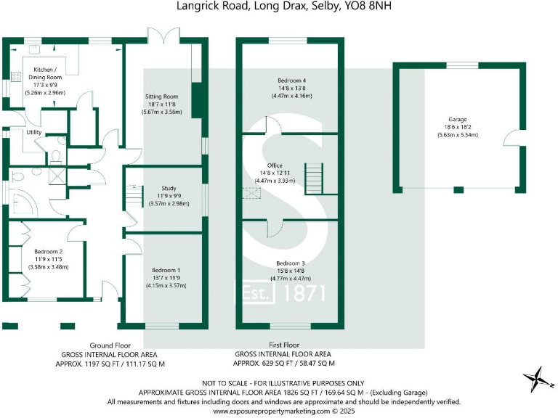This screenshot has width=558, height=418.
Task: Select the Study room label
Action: pyautogui.click(x=168, y=188)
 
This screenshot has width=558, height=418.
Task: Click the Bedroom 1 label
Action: pyautogui.click(x=167, y=269)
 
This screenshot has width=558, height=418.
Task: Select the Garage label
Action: pyautogui.click(x=458, y=119)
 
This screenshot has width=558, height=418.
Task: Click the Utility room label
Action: pyautogui.click(x=33, y=133)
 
